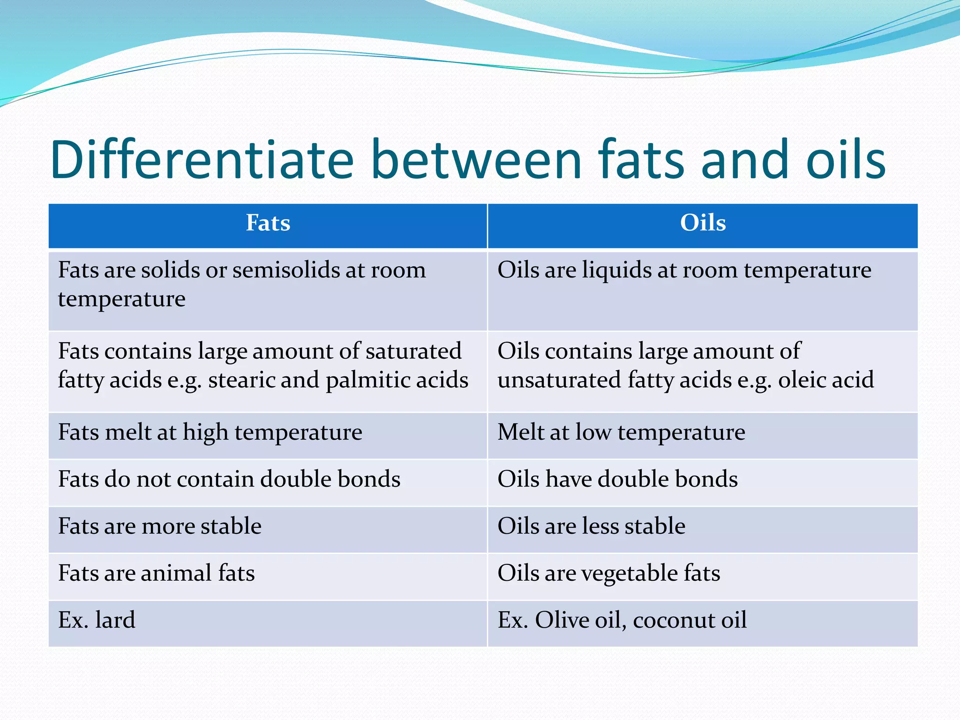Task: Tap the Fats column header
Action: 268,223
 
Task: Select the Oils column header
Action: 703,223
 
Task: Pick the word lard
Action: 115,620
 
